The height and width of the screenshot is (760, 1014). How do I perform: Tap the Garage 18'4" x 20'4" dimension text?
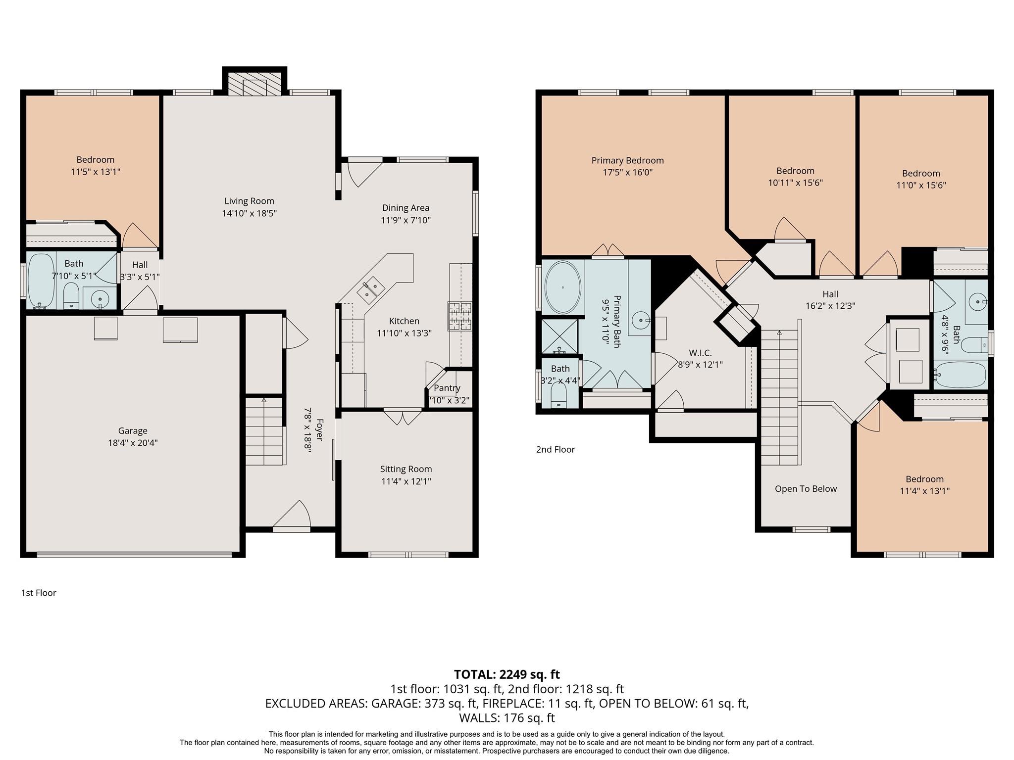point(133,443)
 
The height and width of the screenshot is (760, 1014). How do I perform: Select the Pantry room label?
point(447,388)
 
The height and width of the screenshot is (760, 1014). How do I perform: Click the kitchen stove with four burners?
point(460,316)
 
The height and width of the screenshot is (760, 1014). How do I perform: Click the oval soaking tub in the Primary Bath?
point(563,287)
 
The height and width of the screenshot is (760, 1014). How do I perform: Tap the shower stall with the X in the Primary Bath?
point(559,336)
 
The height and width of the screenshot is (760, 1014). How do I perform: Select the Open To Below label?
point(806,489)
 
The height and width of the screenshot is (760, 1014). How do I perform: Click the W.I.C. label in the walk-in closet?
point(700,353)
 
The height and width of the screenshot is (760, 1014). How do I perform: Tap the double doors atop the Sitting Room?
point(403,416)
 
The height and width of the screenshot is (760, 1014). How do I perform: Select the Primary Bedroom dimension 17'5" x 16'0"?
point(627,172)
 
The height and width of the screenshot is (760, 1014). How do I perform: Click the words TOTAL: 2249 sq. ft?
point(507,674)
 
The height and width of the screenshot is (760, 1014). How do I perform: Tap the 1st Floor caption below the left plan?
point(39,593)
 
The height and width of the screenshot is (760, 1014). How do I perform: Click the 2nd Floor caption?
point(555,449)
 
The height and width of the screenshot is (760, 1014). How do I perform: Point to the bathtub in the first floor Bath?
point(41,281)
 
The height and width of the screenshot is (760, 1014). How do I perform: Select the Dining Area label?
point(406,208)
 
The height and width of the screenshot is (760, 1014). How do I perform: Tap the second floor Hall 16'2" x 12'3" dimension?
point(830,306)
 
